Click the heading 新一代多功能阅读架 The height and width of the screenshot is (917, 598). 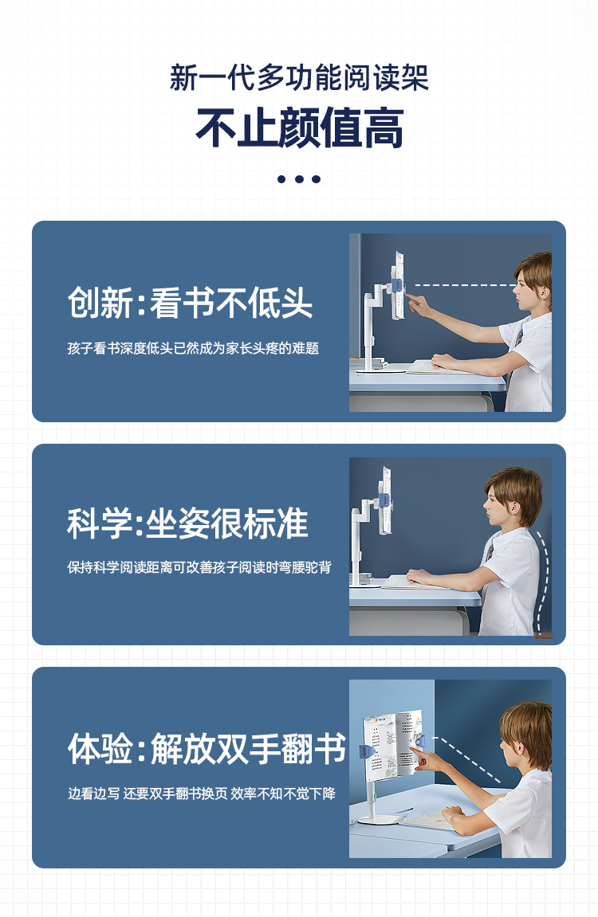click(299, 78)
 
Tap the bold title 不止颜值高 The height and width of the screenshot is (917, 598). click(299, 128)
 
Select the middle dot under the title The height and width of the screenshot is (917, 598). click(299, 179)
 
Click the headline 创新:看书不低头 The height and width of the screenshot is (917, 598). click(191, 303)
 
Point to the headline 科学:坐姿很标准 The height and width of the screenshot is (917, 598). click(187, 523)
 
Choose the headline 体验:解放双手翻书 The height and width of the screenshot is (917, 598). click(207, 749)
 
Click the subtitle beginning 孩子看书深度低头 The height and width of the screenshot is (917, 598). click(192, 348)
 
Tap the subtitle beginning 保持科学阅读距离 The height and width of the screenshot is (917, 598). click(199, 567)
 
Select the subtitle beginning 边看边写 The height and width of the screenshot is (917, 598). click(201, 794)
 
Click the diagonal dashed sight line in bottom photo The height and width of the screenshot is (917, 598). click(466, 760)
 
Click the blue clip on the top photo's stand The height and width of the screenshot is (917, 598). click(396, 287)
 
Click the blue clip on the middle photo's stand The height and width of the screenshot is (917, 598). click(384, 500)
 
